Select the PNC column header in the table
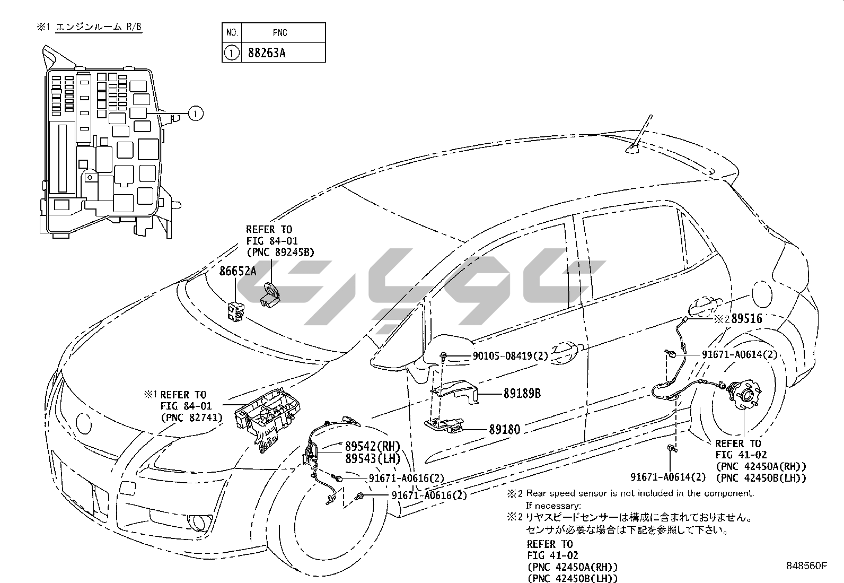coord(280,33)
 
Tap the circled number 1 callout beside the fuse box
coord(196,113)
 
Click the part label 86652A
coord(238,272)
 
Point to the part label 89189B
coord(522,394)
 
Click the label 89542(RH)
coord(373,446)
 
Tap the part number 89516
coord(746,319)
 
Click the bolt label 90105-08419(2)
coord(510,356)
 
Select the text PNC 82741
coord(191,418)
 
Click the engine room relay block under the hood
coord(266,419)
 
